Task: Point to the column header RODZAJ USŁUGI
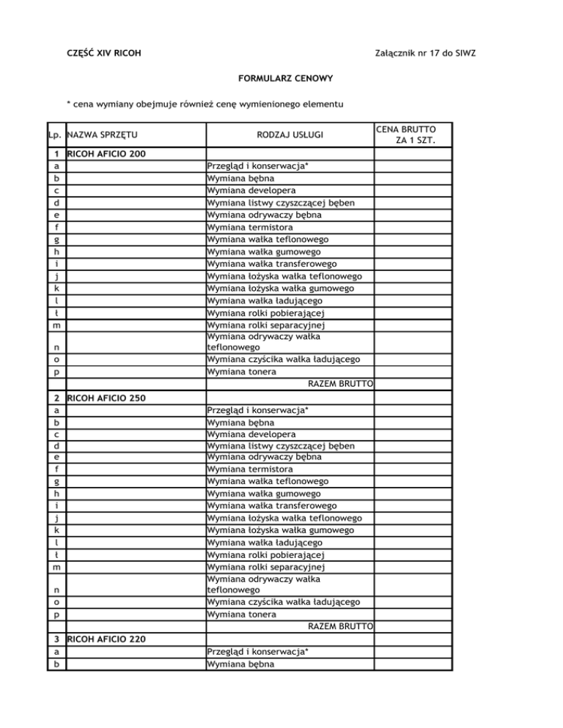(290, 135)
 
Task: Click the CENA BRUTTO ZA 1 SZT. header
(411, 134)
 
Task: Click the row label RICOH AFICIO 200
(106, 154)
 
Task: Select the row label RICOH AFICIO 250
(106, 398)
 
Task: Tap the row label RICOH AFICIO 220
(106, 639)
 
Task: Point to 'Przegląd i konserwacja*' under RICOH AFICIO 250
(257, 411)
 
